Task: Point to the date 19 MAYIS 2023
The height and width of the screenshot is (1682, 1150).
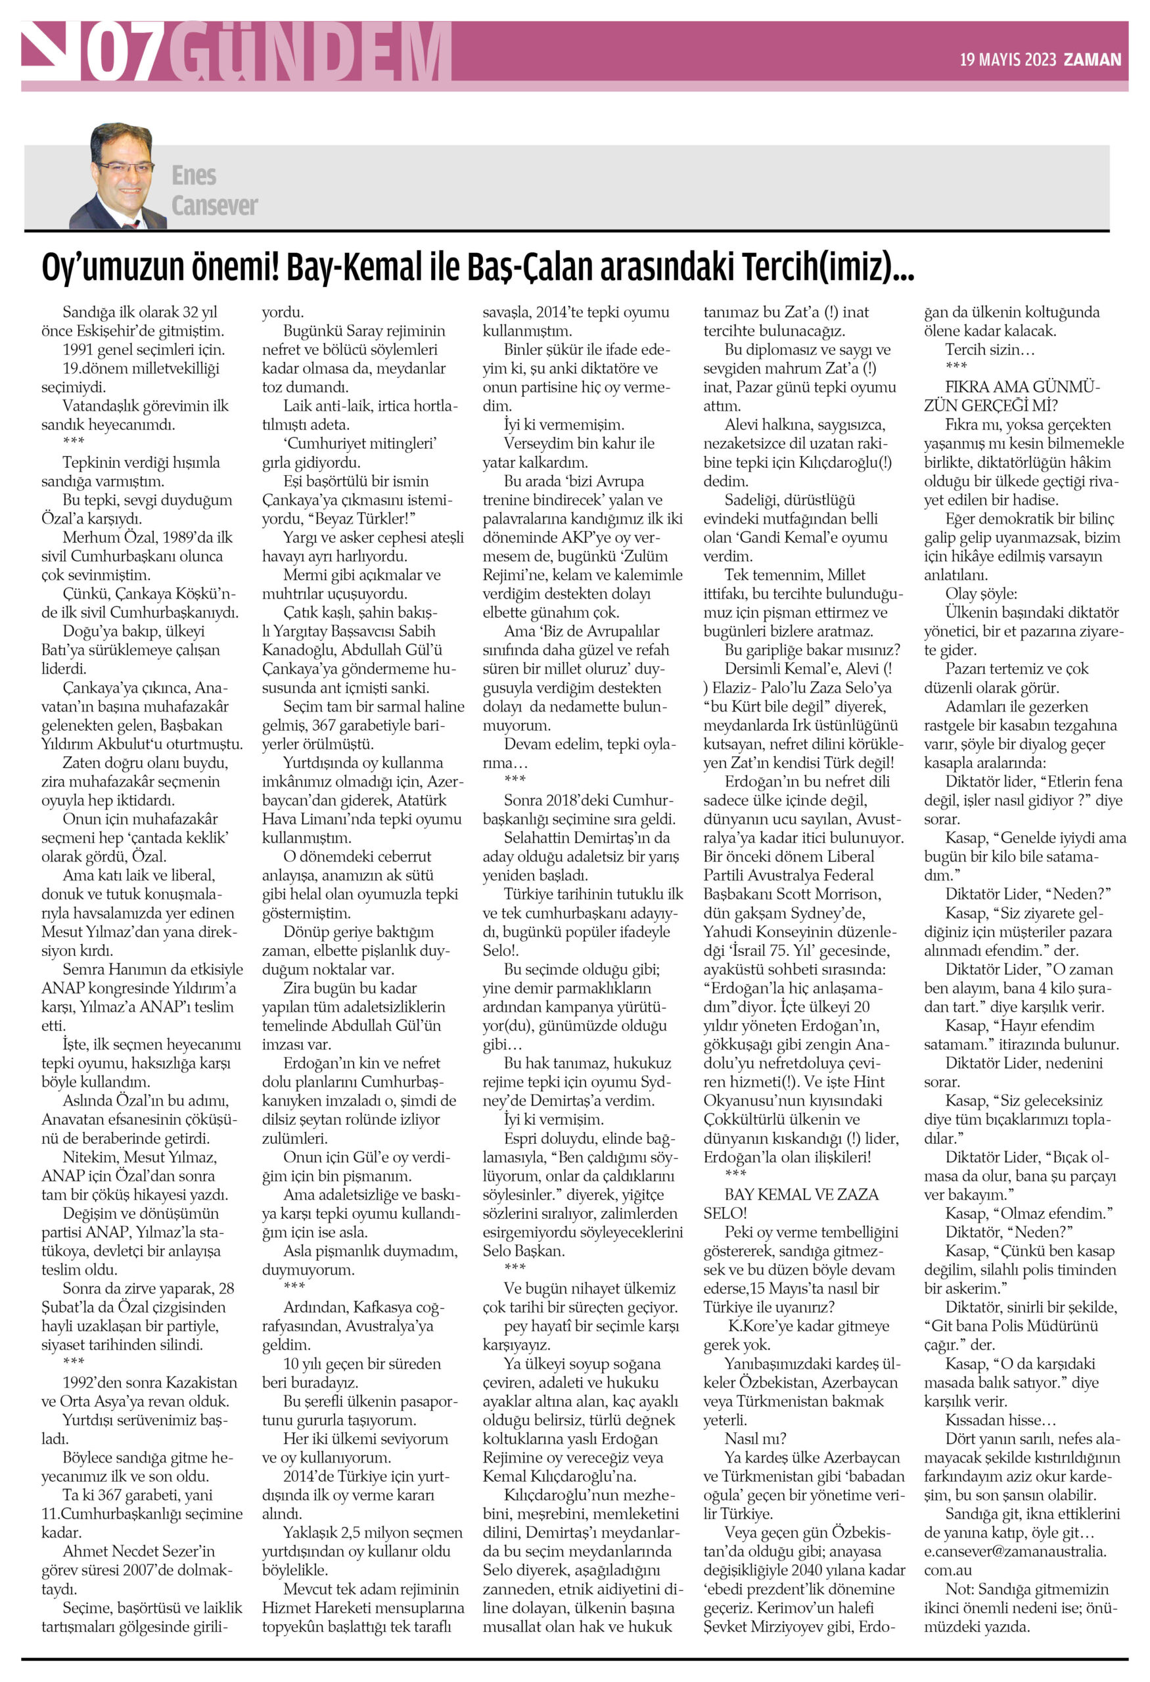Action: pos(1007,60)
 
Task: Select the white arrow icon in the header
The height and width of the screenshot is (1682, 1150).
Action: pos(51,52)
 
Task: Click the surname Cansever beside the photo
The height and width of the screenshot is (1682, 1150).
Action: pos(214,206)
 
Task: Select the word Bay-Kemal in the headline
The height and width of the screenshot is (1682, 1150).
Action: pos(354,267)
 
